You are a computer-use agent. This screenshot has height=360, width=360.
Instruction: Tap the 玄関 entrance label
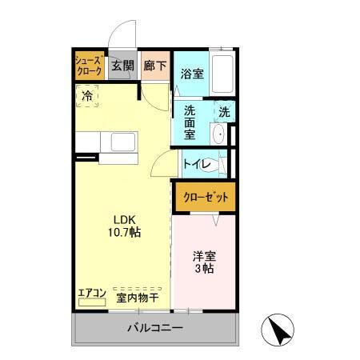point(122,66)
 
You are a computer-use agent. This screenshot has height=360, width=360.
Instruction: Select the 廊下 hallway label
point(154,66)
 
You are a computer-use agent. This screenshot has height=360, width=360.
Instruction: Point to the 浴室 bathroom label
point(191,74)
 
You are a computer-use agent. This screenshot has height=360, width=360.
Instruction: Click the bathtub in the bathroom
point(223,74)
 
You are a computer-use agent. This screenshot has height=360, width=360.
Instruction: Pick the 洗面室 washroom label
point(190,122)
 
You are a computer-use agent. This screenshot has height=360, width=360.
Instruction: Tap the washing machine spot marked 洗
point(225,113)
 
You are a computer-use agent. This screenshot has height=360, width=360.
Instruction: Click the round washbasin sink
point(218,133)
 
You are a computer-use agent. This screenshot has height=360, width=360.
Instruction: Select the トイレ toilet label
point(197,164)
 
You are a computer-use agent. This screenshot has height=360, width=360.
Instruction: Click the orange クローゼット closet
point(206,196)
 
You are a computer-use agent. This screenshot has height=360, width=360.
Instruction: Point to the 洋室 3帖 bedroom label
point(203,263)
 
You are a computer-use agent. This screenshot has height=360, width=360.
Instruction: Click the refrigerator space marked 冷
point(86,95)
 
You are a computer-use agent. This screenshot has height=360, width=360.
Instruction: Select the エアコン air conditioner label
point(92,293)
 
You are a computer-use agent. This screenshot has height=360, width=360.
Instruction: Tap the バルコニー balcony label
point(156,329)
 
